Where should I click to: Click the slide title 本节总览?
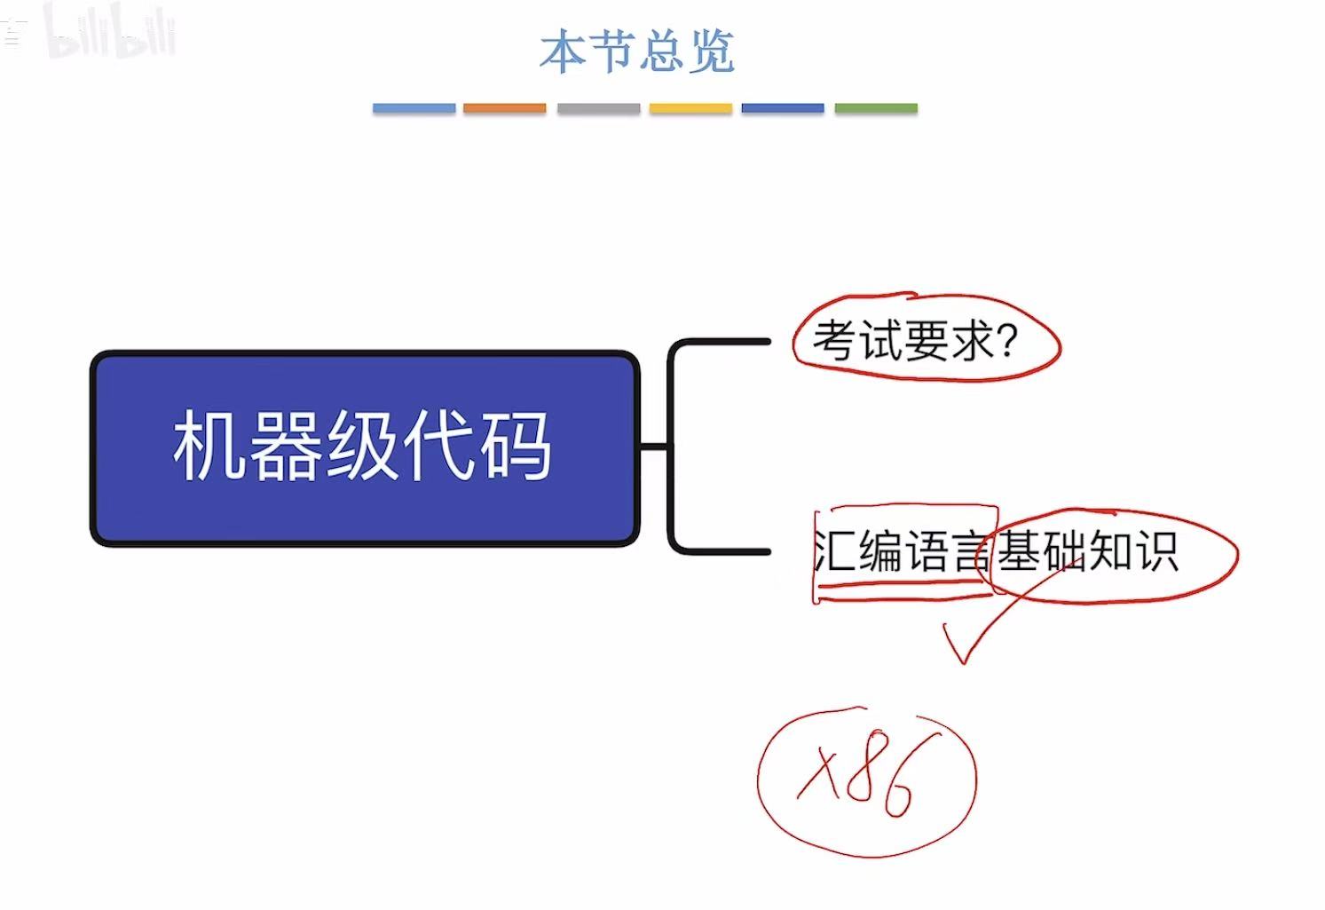click(637, 51)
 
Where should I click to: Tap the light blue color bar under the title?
click(414, 108)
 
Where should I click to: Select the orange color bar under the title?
click(504, 108)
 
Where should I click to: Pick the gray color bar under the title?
click(598, 108)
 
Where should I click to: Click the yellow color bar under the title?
click(690, 108)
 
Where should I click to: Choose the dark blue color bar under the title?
click(783, 108)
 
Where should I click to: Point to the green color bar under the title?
click(876, 108)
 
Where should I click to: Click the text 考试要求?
click(914, 341)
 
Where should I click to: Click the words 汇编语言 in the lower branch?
click(901, 551)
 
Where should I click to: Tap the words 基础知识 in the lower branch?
click(1087, 551)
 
